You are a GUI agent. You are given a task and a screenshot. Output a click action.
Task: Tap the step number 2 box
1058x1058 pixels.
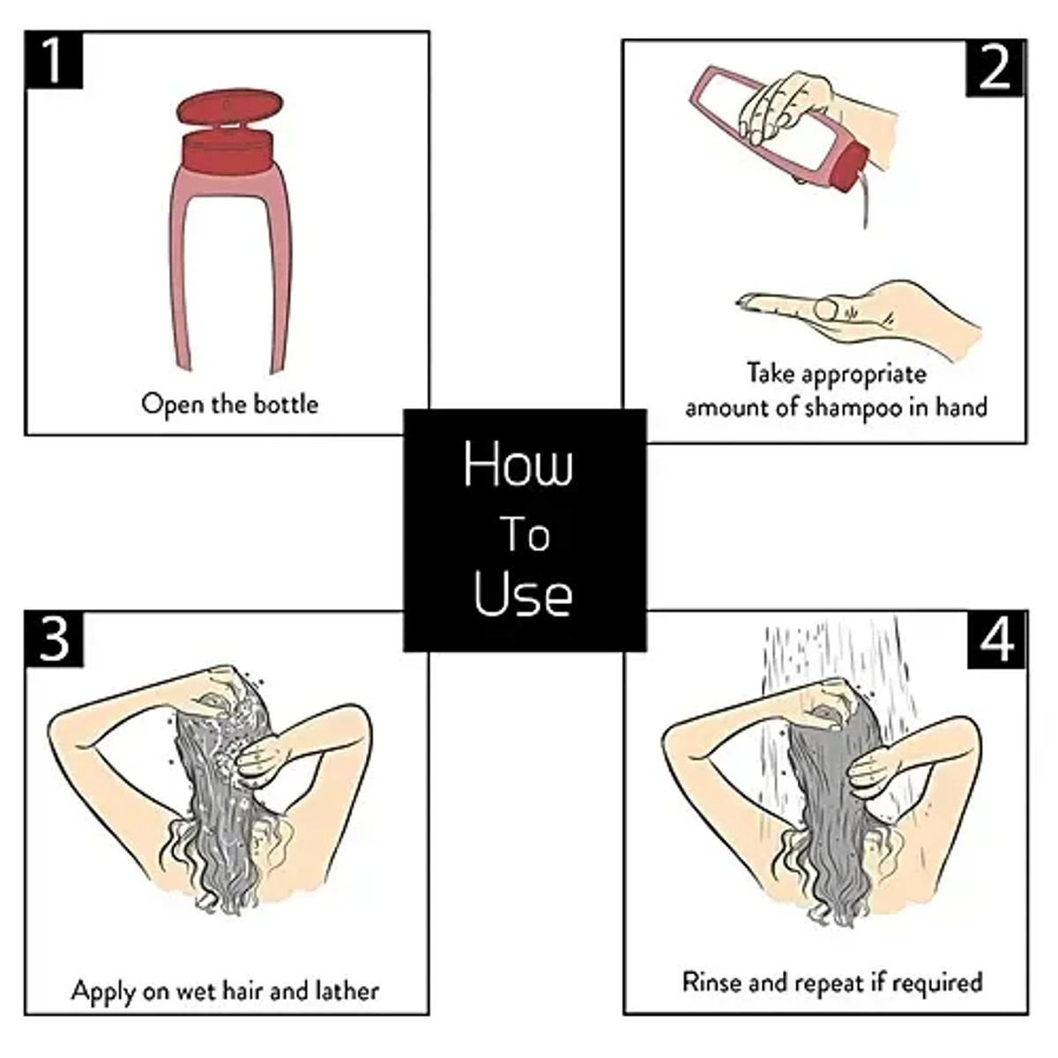coord(995,68)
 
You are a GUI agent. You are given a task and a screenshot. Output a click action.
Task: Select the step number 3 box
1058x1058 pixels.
coord(54,638)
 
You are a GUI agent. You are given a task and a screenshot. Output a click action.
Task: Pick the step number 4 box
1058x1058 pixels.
coord(996,639)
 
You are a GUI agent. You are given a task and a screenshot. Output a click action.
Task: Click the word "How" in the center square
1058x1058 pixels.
coord(518,465)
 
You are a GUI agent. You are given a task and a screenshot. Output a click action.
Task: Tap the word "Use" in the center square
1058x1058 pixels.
coord(522,594)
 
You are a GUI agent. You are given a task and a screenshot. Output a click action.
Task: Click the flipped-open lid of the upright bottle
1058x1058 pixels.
coord(229,107)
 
